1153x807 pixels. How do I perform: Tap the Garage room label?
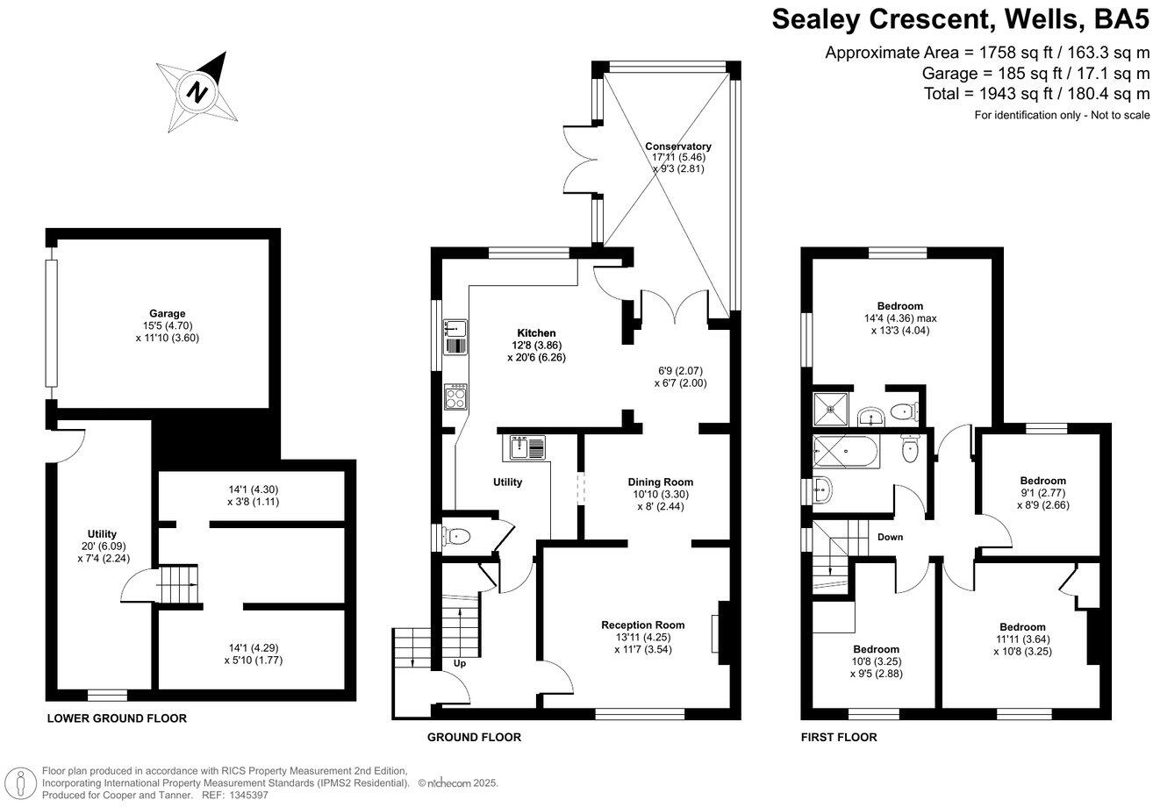[167, 313]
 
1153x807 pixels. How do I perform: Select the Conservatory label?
[677, 146]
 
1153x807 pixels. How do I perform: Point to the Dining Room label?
[660, 482]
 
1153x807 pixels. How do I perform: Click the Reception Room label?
[642, 625]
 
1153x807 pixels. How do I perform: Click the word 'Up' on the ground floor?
[459, 663]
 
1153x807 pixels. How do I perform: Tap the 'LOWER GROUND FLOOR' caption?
[117, 718]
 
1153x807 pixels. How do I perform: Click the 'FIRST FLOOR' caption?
[838, 738]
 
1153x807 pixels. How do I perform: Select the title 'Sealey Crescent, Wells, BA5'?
[960, 18]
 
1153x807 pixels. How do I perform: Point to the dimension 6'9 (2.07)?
[679, 369]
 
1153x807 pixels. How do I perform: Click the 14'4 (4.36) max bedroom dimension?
[899, 318]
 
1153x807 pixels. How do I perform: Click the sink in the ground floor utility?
[525, 448]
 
